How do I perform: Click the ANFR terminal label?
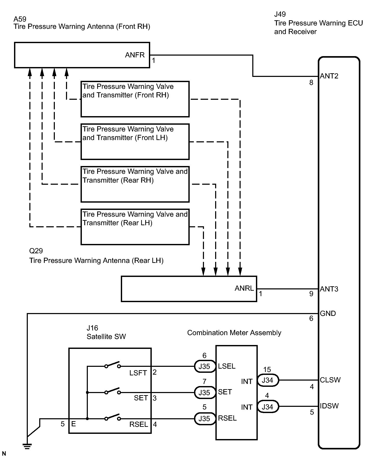pos(135,55)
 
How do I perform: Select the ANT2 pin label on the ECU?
pos(329,76)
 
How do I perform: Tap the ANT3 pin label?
pos(329,289)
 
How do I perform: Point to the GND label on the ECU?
pos(328,314)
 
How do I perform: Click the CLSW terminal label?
pos(330,380)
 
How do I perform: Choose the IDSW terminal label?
pos(329,406)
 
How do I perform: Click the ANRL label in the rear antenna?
pos(244,288)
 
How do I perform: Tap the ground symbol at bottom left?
pos(27,446)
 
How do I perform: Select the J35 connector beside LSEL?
pos(205,366)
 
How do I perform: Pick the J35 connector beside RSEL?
pos(205,419)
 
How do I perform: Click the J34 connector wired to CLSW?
pos(268,380)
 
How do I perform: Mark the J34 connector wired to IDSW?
pos(268,407)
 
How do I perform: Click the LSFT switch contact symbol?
pos(113,365)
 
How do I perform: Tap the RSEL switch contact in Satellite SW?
pos(113,417)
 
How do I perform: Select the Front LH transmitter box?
pos(135,142)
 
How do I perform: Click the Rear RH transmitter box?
pos(135,184)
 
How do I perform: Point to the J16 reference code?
pos(92,328)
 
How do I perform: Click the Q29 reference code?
pos(36,251)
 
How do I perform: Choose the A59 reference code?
pos(20,19)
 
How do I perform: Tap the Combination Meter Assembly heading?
pos(234,333)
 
